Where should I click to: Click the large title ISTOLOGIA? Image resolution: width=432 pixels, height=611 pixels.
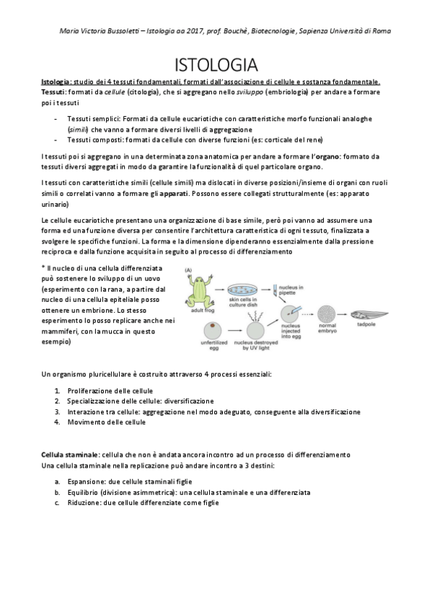tap(216, 64)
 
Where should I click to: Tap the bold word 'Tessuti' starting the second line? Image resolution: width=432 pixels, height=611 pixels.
tap(53, 93)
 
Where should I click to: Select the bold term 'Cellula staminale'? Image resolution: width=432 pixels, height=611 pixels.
tap(70, 455)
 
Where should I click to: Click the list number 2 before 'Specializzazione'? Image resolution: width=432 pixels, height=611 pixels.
tap(57, 401)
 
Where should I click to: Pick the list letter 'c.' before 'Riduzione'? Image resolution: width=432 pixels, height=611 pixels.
tap(57, 503)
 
